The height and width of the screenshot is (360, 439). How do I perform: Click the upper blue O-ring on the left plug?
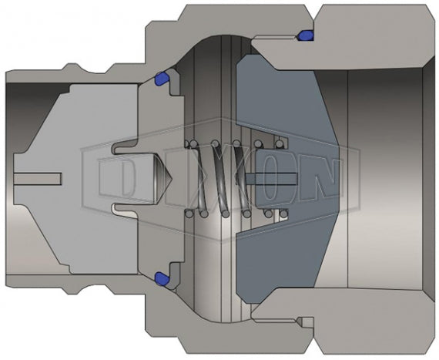click(162, 78)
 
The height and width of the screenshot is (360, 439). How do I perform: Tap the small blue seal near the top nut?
click(304, 35)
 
